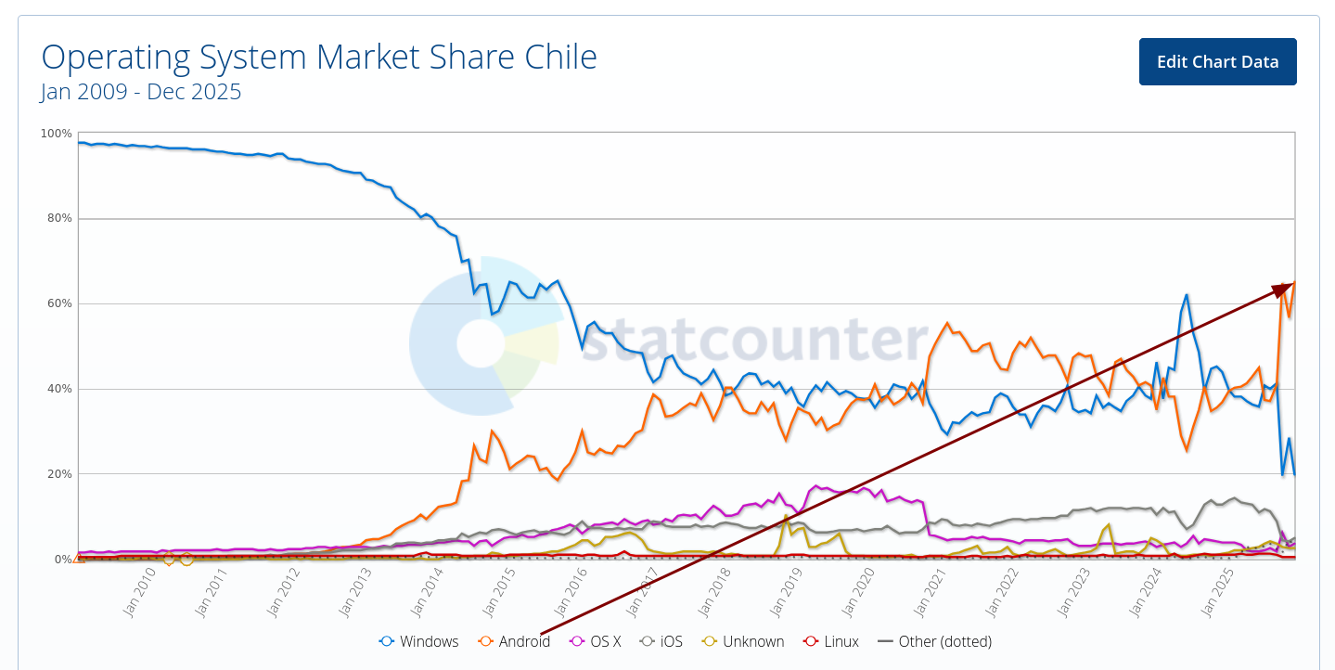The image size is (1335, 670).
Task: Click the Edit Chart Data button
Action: point(1217,62)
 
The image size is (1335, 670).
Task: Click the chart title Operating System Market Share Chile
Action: point(319,58)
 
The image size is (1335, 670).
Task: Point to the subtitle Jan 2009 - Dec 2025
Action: point(141,92)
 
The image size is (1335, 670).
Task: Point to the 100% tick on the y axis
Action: point(57,134)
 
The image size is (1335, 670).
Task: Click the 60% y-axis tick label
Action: point(59,304)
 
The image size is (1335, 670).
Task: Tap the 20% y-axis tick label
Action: point(59,474)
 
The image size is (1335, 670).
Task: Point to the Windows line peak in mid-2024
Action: point(1187,295)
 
